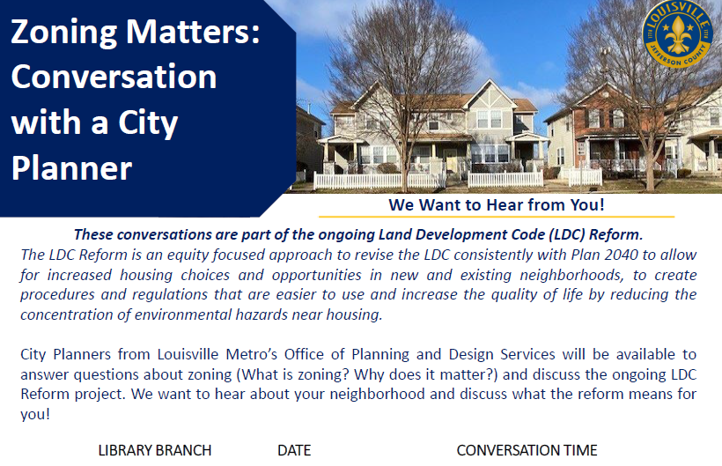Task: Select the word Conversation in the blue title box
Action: coord(114,78)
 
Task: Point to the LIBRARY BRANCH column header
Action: coord(155,450)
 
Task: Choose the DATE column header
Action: coord(294,450)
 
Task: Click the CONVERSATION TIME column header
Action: coord(527,450)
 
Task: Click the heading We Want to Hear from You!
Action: coord(497,205)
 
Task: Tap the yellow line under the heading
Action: coord(497,217)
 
